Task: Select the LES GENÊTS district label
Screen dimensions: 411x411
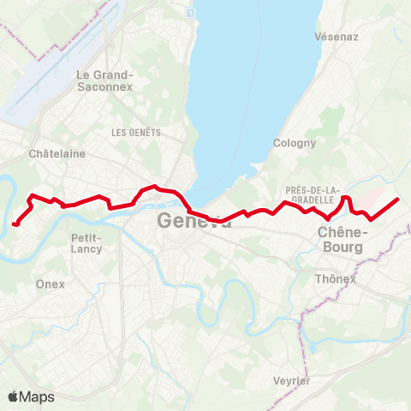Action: click(136, 133)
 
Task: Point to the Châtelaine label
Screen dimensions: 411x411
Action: click(57, 154)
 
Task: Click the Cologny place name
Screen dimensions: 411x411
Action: click(294, 143)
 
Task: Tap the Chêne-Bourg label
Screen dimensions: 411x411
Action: click(340, 239)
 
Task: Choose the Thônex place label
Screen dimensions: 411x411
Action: click(335, 279)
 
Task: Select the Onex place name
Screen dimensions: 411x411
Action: click(51, 284)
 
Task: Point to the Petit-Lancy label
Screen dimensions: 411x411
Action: click(86, 243)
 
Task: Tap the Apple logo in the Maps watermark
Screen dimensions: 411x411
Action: click(13, 396)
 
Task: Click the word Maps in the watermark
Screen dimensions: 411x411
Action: click(37, 396)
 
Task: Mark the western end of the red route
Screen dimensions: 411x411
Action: click(15, 224)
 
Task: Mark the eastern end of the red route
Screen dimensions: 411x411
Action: click(398, 199)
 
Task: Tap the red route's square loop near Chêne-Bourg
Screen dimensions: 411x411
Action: click(347, 202)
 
